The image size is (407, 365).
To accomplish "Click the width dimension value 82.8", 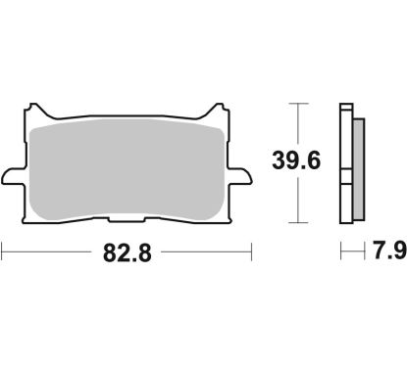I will click(127, 252).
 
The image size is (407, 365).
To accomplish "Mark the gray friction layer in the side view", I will click(356, 161).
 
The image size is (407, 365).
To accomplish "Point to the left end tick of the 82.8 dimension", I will click(3, 252).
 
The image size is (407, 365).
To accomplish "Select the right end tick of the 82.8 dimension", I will click(252, 252).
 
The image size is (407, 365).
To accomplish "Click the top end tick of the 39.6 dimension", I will click(297, 102).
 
